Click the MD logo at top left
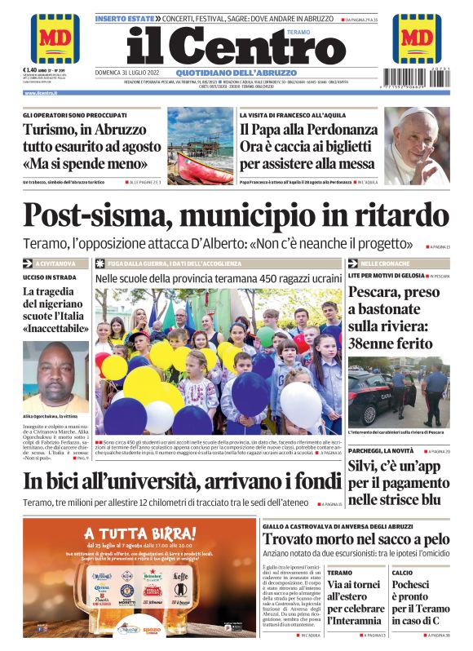(55, 38)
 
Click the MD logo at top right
(417, 38)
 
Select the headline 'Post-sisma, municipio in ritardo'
(236, 215)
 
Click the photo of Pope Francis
(416, 144)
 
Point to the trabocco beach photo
(201, 144)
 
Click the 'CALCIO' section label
(402, 573)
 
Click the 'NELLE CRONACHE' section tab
(383, 263)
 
